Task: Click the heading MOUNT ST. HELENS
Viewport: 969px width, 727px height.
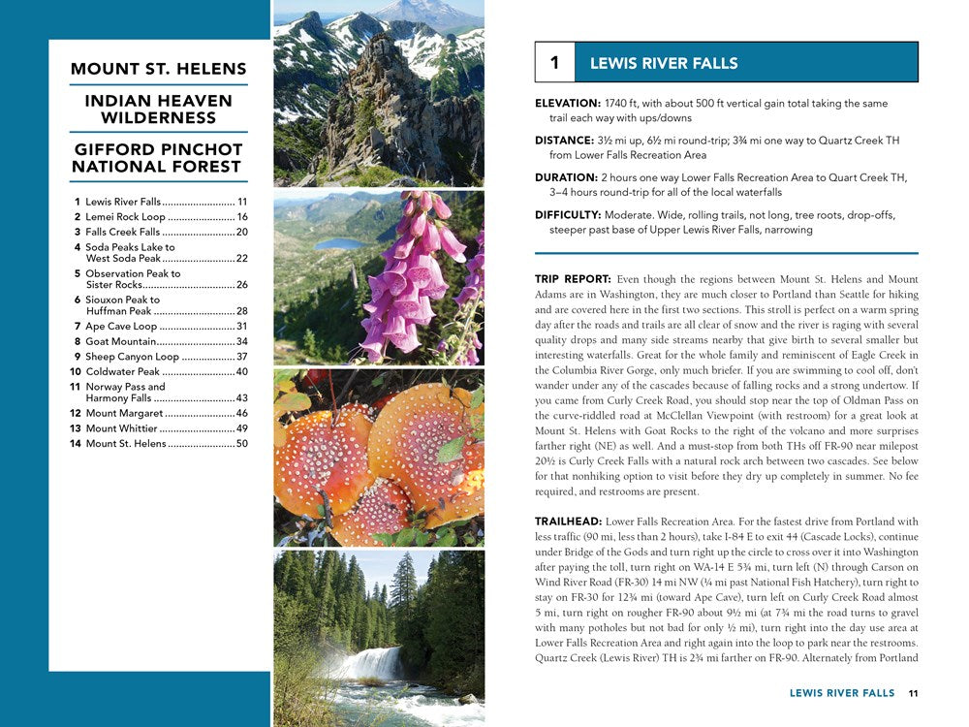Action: (x=159, y=69)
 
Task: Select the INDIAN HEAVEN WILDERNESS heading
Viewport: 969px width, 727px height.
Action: (x=159, y=109)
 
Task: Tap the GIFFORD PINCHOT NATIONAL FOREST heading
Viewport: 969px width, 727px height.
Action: (x=159, y=158)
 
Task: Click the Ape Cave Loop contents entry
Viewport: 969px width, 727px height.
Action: (x=121, y=327)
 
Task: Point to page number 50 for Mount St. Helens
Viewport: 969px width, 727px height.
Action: (x=242, y=444)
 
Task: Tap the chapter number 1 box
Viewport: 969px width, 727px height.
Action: (x=554, y=63)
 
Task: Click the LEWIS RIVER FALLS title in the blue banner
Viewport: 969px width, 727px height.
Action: (x=664, y=63)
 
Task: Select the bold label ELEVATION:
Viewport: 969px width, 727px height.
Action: (x=568, y=104)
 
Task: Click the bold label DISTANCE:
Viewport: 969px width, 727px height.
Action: (x=565, y=141)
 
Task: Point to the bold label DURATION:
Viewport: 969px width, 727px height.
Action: (x=566, y=177)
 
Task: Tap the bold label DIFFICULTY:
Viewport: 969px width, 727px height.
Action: (x=568, y=215)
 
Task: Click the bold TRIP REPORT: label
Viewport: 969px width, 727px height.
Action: (x=573, y=279)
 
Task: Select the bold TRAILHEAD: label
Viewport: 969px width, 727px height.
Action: (x=568, y=522)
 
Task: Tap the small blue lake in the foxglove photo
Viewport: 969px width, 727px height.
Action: (x=340, y=243)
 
